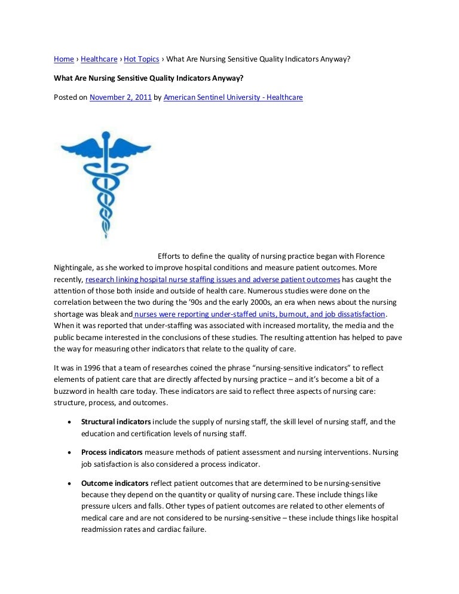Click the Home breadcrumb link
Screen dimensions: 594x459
tap(64, 59)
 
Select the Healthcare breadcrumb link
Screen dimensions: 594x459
tap(99, 59)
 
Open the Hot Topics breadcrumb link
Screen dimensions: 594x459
tap(142, 59)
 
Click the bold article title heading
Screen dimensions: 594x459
tap(149, 78)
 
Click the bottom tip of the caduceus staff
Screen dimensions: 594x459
tap(105, 237)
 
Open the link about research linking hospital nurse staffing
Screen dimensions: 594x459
tap(213, 279)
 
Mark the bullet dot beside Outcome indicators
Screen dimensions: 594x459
tap(70, 483)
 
